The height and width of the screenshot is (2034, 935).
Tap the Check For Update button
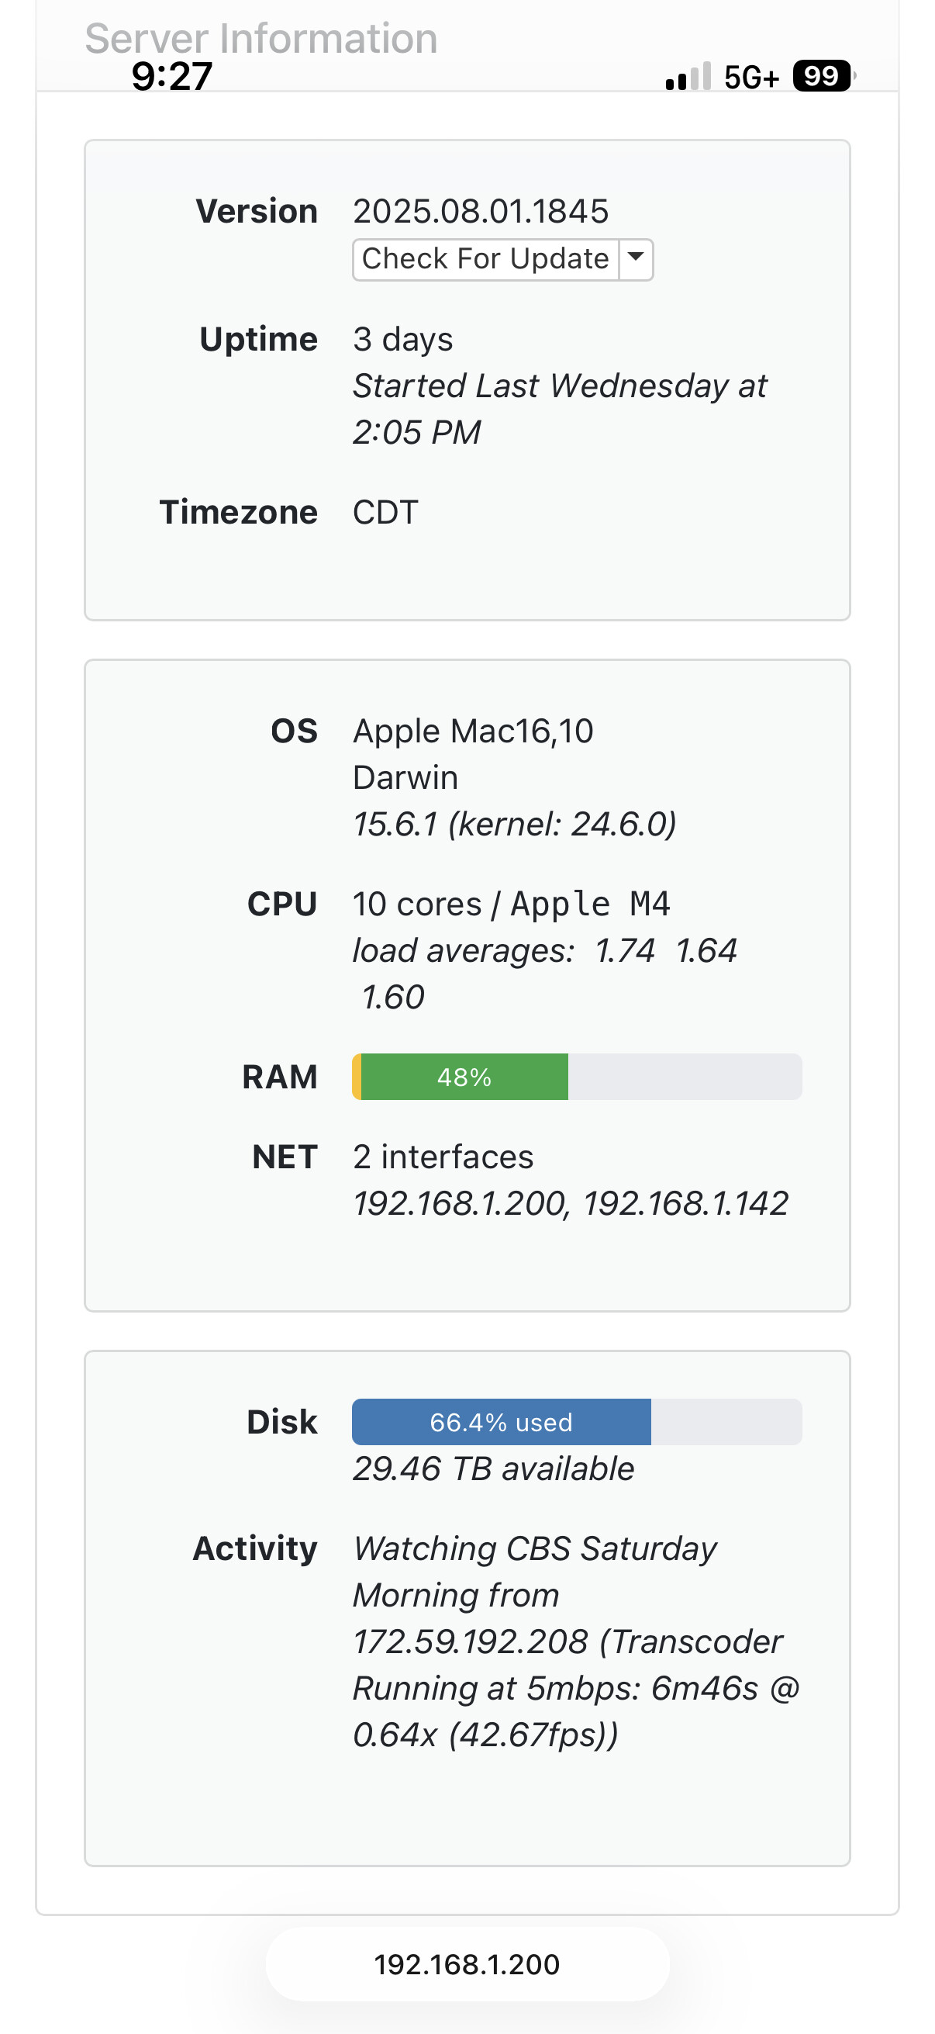[x=485, y=259]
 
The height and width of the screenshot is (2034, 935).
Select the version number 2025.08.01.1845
[x=481, y=212]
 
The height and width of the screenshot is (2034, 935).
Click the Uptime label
[x=258, y=340]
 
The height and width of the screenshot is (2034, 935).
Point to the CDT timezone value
[x=385, y=513]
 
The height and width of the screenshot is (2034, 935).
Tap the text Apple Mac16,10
[x=473, y=732]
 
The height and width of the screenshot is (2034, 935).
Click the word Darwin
[x=405, y=778]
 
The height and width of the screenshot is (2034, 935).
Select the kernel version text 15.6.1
[x=395, y=825]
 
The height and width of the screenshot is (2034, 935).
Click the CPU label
[x=281, y=904]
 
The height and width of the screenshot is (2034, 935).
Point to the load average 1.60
[x=393, y=998]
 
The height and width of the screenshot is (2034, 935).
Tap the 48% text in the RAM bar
[x=464, y=1077]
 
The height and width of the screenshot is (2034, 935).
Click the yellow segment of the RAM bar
[x=357, y=1077]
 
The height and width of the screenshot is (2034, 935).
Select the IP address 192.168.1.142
[x=685, y=1204]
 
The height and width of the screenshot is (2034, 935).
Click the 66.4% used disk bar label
[x=501, y=1422]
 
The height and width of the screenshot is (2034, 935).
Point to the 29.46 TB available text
[x=493, y=1468]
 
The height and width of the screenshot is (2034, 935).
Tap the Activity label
[x=255, y=1548]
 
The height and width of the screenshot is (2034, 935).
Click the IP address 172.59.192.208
[x=471, y=1641]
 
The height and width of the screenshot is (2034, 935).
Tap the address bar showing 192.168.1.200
[x=467, y=1964]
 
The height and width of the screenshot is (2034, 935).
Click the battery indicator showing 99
[x=821, y=77]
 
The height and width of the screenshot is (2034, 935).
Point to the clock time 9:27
[x=172, y=77]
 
